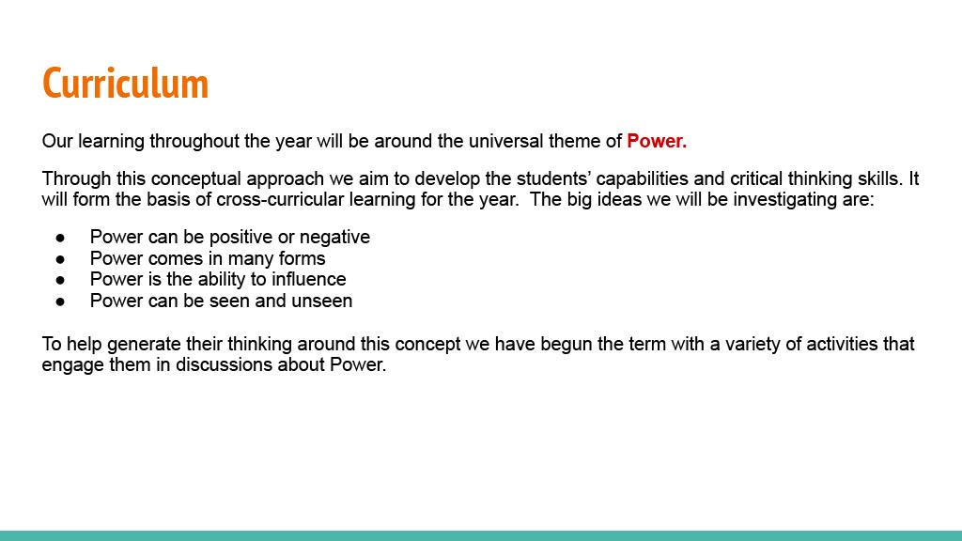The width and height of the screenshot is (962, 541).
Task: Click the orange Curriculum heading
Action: (x=125, y=84)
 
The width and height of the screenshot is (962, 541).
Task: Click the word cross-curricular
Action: (x=280, y=199)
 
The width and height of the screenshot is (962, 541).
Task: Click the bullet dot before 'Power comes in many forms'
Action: (x=60, y=259)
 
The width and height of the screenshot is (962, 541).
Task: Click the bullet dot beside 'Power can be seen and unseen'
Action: (x=60, y=301)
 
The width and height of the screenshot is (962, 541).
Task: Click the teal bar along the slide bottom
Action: (x=481, y=535)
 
